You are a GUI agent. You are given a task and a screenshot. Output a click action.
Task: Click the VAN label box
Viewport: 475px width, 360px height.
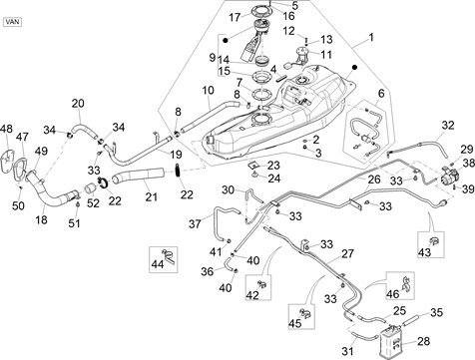pyautogui.click(x=12, y=22)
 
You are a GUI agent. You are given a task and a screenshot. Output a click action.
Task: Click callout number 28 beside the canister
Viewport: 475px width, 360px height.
pyautogui.click(x=423, y=341)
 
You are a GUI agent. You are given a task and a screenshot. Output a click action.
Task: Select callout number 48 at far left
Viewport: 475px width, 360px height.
pyautogui.click(x=6, y=129)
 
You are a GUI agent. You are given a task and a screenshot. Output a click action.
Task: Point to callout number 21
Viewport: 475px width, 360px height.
pyautogui.click(x=151, y=196)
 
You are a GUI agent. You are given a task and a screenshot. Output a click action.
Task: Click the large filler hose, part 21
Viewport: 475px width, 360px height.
pyautogui.click(x=139, y=175)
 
